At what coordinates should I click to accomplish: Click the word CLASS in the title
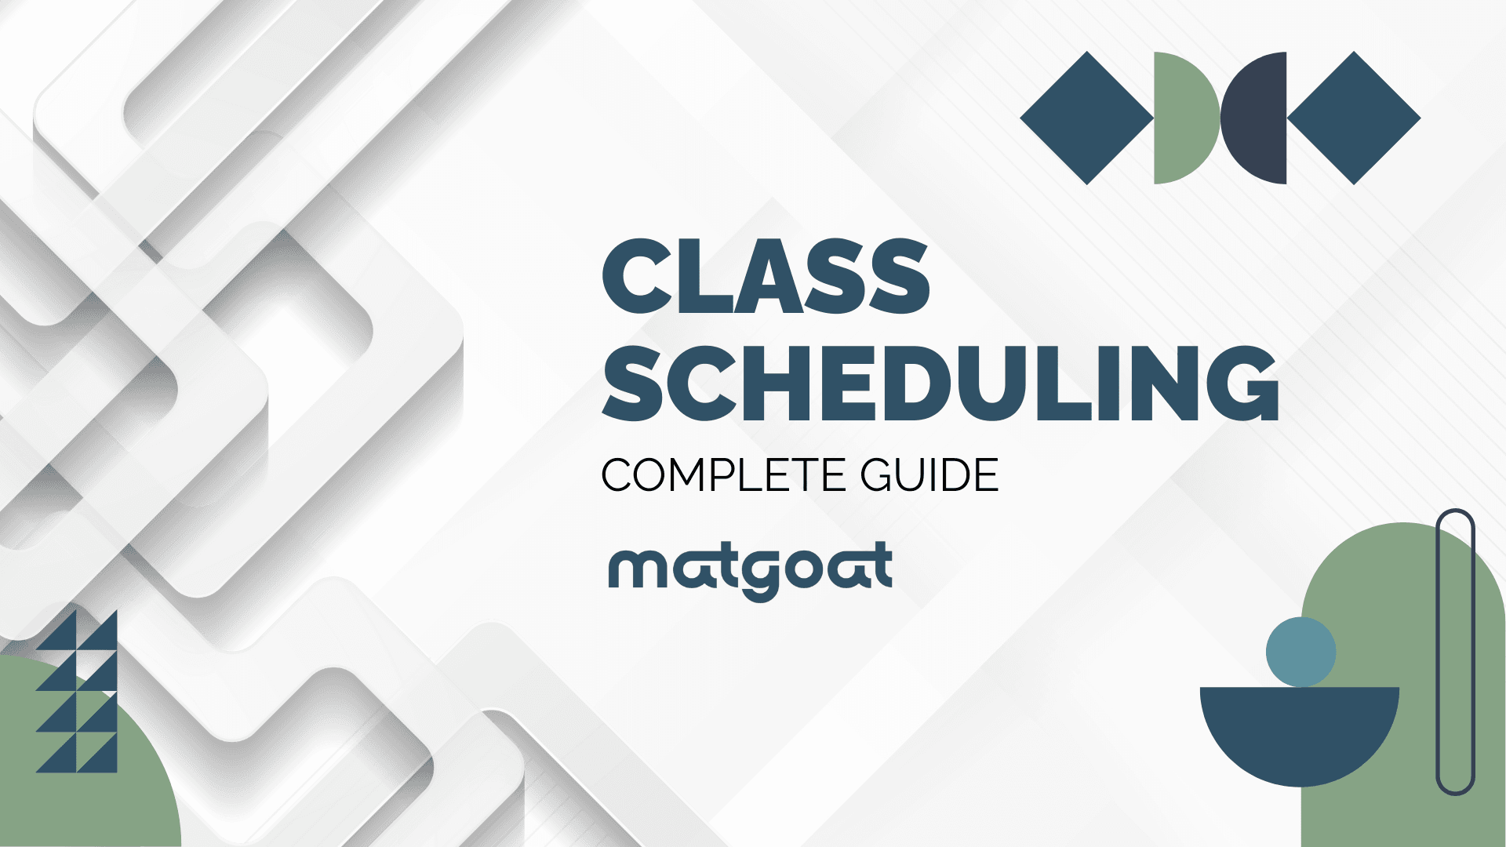coord(766,277)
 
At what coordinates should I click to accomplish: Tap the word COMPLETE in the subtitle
coord(723,475)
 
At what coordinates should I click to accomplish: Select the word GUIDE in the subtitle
coord(929,475)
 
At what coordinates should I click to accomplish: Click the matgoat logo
coord(751,571)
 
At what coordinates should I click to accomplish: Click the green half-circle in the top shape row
coord(1187,118)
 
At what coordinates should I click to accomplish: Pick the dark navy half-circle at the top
coord(1253,118)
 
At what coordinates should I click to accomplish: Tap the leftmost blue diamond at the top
coord(1086,118)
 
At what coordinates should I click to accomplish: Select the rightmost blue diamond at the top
coord(1354,118)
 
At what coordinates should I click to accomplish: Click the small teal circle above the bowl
coord(1300,652)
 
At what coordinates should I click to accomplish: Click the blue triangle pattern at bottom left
coord(77,691)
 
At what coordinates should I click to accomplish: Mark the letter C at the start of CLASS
coord(636,277)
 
